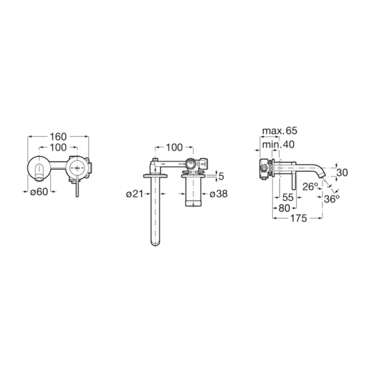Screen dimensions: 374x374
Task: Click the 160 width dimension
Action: [58, 137]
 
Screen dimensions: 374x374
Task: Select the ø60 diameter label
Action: [39, 191]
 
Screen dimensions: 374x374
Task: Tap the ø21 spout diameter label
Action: [135, 194]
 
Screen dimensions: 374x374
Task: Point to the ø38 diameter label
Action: [219, 194]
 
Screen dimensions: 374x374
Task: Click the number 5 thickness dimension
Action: [221, 176]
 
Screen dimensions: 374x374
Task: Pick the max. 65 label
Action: [280, 131]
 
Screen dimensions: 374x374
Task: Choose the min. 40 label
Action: [278, 145]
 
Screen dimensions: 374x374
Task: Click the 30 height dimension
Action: [342, 173]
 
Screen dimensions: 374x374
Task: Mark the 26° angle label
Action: [310, 187]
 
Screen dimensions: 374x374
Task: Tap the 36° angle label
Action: [332, 199]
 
